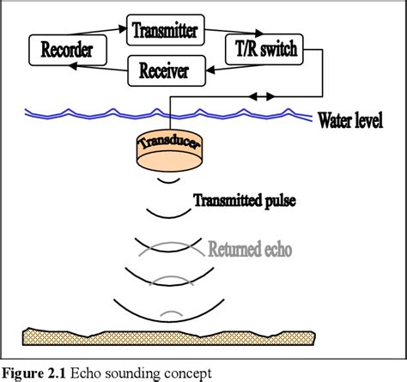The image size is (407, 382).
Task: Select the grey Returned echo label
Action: (252, 252)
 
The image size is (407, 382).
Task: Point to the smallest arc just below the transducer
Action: (169, 181)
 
